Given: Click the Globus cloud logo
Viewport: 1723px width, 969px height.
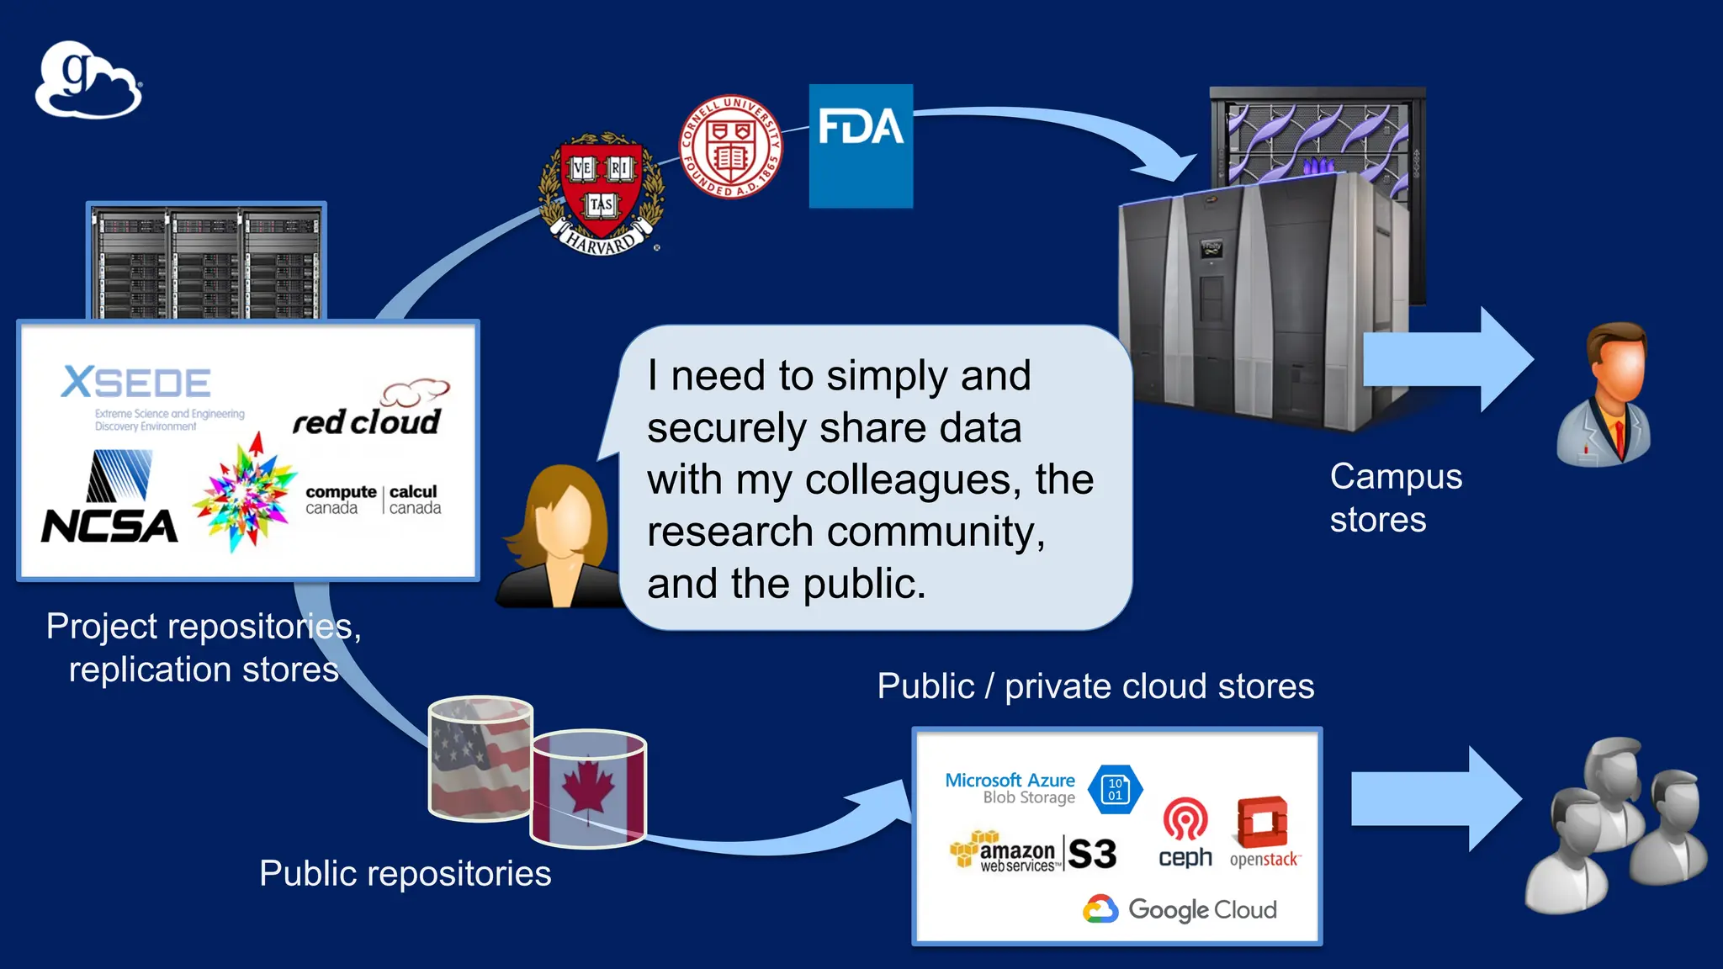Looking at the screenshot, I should (88, 80).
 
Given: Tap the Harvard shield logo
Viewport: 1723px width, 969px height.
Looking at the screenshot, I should (601, 192).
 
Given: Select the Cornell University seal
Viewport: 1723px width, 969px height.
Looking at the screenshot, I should (730, 146).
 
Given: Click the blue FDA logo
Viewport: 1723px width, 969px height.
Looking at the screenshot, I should (861, 146).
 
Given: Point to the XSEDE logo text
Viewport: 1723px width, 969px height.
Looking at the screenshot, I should (136, 384).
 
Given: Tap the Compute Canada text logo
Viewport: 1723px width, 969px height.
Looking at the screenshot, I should (372, 499).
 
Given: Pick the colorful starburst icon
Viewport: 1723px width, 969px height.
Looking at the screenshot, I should (244, 495).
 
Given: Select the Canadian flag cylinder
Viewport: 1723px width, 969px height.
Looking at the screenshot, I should (588, 789).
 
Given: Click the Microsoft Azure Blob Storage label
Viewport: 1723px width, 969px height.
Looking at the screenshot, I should (1010, 788).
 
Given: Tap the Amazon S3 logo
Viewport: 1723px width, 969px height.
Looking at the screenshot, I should (1033, 852).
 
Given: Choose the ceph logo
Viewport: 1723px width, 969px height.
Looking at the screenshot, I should (1185, 833).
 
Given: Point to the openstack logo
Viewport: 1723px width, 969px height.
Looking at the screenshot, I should (1264, 833).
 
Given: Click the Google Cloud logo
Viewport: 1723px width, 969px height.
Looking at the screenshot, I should (1180, 909).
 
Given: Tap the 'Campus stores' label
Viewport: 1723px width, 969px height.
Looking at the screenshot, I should (1395, 498).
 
